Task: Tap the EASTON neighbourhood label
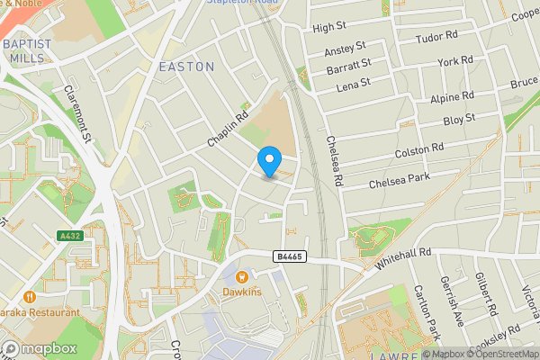tap(186, 67)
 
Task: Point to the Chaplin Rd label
tap(228, 129)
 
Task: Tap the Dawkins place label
tap(242, 293)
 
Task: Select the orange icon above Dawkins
tap(242, 277)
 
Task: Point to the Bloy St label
tap(459, 120)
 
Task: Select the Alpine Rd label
tap(453, 96)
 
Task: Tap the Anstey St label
tap(346, 46)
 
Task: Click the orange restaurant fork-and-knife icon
tap(29, 296)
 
